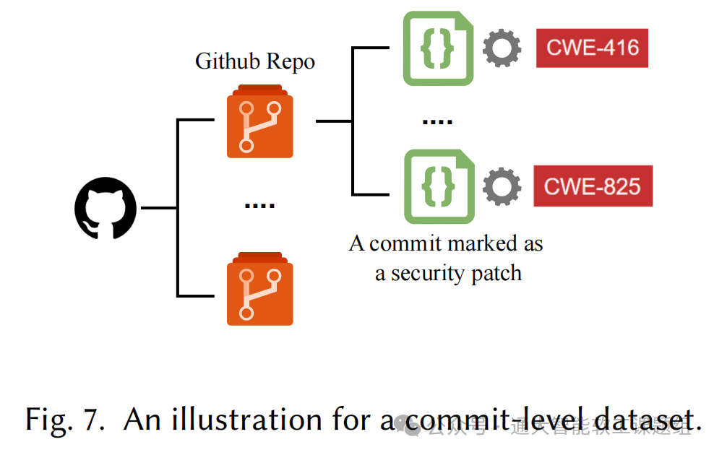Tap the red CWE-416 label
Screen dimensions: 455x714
tap(592, 48)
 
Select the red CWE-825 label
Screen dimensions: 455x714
tap(593, 186)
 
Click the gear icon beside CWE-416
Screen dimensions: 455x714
tap(502, 48)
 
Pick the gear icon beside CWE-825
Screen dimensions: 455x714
tap(502, 186)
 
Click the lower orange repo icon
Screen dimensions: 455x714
tap(260, 289)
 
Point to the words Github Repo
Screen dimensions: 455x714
tap(255, 61)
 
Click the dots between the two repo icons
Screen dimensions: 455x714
tap(259, 206)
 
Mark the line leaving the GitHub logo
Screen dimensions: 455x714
tap(159, 208)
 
